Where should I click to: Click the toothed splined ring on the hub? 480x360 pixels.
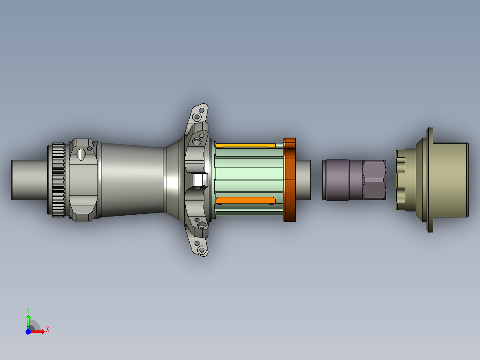58,180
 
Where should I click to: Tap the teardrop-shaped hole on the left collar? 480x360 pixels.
81,155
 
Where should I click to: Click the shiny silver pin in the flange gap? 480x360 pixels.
200,180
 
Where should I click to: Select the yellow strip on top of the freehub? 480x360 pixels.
245,146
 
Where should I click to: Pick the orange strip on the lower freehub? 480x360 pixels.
245,200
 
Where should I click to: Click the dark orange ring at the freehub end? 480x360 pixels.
289,180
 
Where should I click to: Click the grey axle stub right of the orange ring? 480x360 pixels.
303,180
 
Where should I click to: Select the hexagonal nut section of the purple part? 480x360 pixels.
374,180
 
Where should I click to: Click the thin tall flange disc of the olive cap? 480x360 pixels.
430,180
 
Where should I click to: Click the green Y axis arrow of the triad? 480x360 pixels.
28,320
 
